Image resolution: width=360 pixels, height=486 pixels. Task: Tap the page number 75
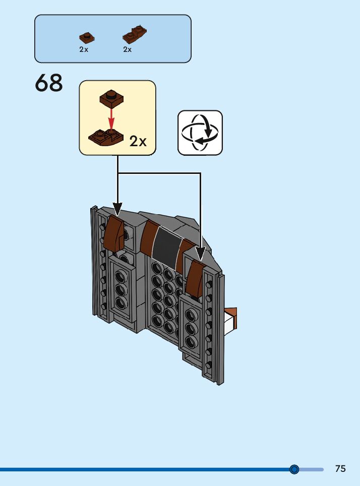click(340, 468)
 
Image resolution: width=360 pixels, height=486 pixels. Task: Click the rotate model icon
click(200, 133)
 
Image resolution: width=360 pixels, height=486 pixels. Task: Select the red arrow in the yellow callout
click(112, 117)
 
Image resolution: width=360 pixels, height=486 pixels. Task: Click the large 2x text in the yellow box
click(138, 141)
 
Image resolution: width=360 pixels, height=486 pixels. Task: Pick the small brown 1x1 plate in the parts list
click(87, 38)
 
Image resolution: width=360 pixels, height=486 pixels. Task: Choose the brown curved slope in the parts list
click(134, 34)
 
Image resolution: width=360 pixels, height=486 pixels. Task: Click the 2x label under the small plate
click(84, 49)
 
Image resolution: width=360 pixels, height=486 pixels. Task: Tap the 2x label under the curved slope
click(128, 49)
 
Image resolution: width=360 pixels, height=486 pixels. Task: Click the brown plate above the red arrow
click(111, 97)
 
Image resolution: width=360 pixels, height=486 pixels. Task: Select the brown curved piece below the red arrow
click(105, 136)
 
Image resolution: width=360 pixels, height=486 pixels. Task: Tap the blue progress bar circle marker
click(294, 469)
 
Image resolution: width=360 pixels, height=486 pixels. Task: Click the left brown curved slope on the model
click(114, 233)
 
